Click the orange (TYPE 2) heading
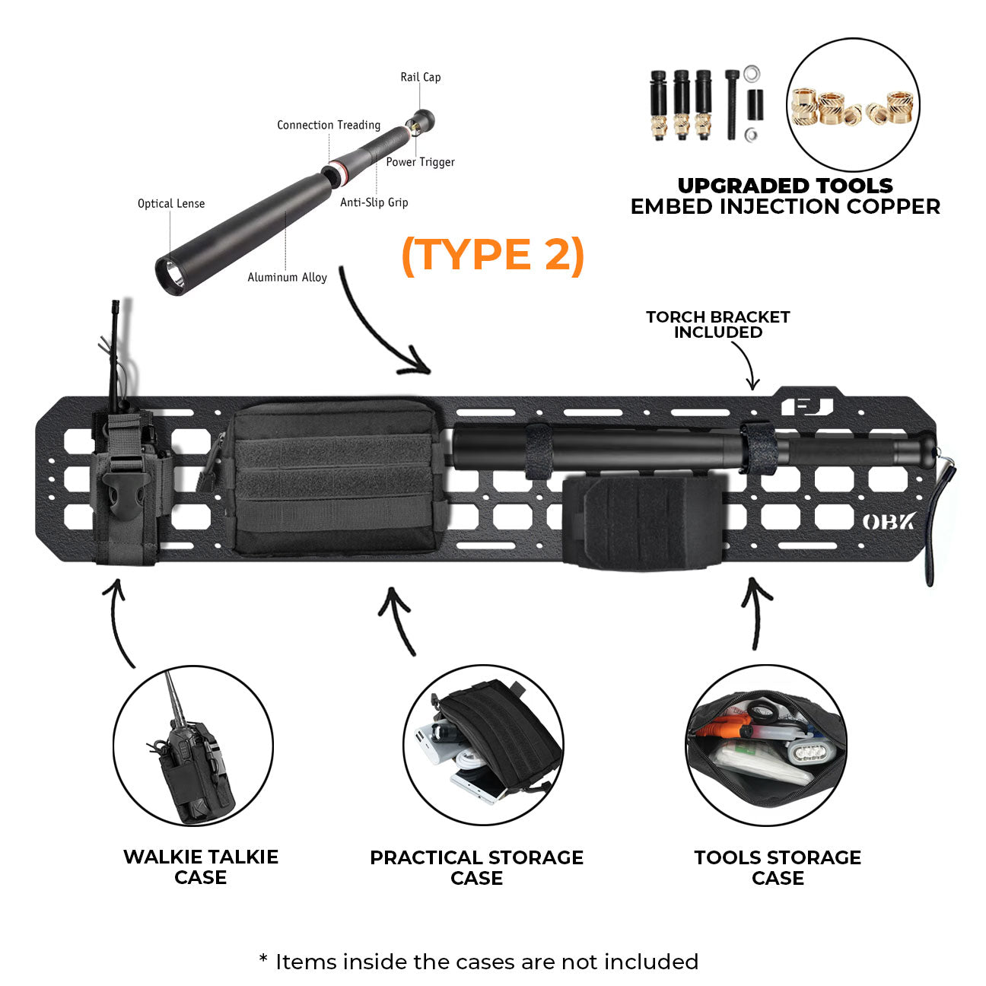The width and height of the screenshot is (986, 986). [x=492, y=255]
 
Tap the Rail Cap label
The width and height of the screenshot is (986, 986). [x=420, y=77]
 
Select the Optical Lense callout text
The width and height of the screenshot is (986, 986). [x=171, y=203]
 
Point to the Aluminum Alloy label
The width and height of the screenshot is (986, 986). [x=287, y=277]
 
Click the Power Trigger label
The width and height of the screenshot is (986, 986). [x=420, y=161]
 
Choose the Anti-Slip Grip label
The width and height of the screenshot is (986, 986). [x=374, y=202]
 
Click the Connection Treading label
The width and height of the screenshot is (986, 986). [x=328, y=125]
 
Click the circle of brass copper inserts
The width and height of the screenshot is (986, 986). [x=852, y=106]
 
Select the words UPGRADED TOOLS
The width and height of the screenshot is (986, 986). [x=785, y=186]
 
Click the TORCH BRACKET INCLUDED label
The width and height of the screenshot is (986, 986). [x=717, y=324]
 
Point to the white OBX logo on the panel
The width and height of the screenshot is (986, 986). [x=889, y=522]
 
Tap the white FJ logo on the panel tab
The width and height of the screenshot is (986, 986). [x=806, y=406]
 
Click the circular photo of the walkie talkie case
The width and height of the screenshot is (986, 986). [x=193, y=746]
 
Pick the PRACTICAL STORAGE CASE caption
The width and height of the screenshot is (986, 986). [x=476, y=867]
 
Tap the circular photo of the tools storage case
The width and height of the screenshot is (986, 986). [x=766, y=746]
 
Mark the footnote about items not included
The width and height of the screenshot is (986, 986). [x=479, y=962]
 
